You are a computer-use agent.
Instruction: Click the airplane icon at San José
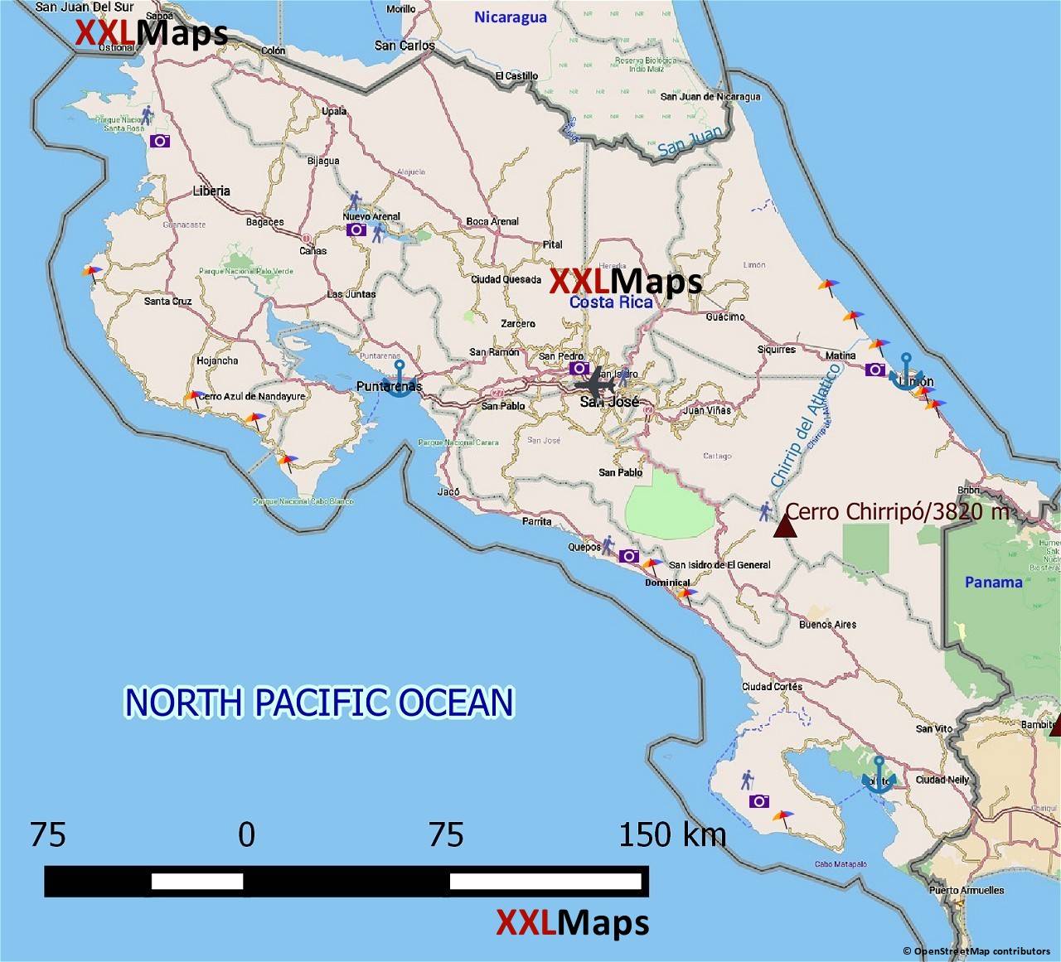tap(596, 385)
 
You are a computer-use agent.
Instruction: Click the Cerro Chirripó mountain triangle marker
tap(784, 525)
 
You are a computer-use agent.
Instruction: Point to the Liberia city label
tap(211, 191)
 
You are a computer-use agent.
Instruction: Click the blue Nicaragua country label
tap(510, 17)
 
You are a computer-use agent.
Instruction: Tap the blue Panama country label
tap(993, 583)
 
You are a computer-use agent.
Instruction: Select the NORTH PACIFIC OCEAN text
tap(319, 703)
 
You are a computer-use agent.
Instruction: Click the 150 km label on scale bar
tap(672, 834)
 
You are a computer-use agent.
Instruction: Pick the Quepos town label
tap(584, 547)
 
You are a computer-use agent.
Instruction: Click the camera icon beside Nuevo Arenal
tap(356, 230)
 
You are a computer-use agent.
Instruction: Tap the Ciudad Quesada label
tap(506, 279)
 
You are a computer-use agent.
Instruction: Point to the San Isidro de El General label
tap(719, 565)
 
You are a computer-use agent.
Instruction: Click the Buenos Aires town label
tap(827, 624)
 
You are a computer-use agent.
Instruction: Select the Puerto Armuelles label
tap(966, 891)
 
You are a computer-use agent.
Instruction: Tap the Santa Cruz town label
tap(167, 301)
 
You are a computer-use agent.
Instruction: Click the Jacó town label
tap(448, 491)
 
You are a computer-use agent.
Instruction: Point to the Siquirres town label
tap(776, 350)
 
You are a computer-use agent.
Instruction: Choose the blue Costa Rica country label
tap(610, 302)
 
